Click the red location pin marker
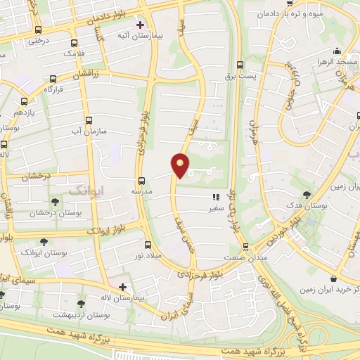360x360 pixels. tap(181, 165)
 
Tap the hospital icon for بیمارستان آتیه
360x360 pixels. tap(140, 24)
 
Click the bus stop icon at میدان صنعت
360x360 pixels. tap(245, 247)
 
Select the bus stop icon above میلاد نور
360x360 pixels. tap(147, 245)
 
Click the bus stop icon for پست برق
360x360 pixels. tap(240, 62)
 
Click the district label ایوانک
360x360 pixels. tap(86, 190)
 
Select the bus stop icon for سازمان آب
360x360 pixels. tap(88, 120)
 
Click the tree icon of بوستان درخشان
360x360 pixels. tap(55, 202)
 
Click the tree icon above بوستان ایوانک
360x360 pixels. tap(44, 241)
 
